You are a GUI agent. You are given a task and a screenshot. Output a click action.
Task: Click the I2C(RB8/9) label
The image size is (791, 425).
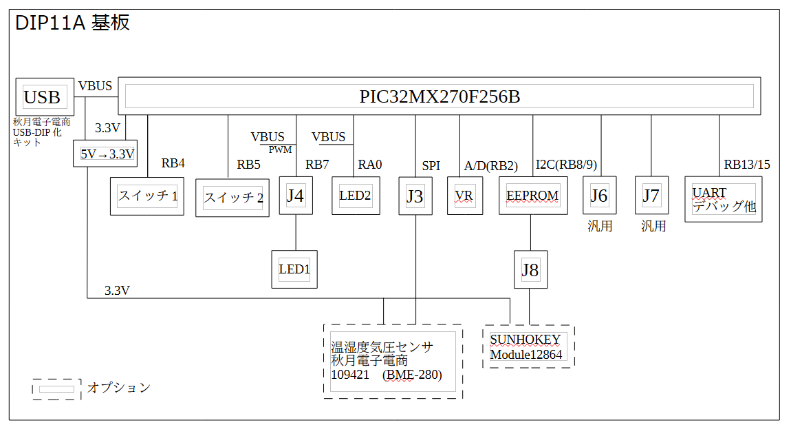566,165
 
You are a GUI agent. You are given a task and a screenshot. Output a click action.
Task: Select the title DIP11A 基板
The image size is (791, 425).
72,23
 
